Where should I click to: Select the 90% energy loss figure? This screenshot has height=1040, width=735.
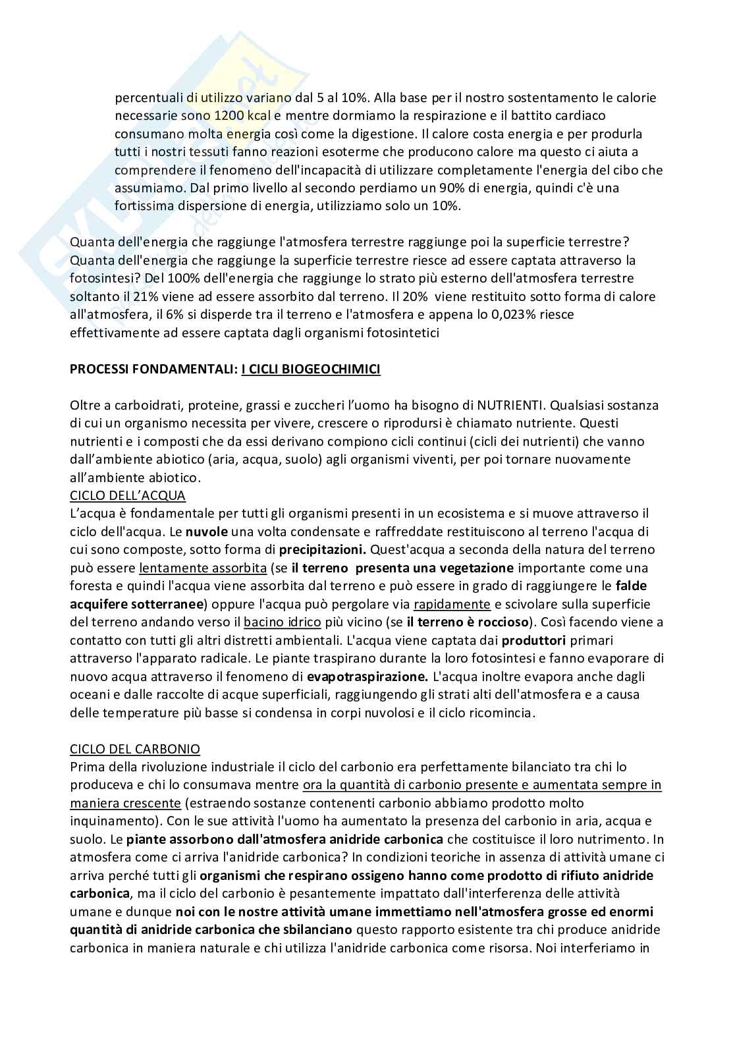(x=417, y=188)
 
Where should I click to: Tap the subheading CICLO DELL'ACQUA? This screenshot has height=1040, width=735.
(x=128, y=495)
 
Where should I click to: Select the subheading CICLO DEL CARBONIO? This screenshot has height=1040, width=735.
(x=135, y=749)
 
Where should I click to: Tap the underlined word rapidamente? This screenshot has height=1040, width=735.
(x=452, y=604)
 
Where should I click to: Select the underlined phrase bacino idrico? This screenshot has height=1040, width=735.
(x=283, y=622)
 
